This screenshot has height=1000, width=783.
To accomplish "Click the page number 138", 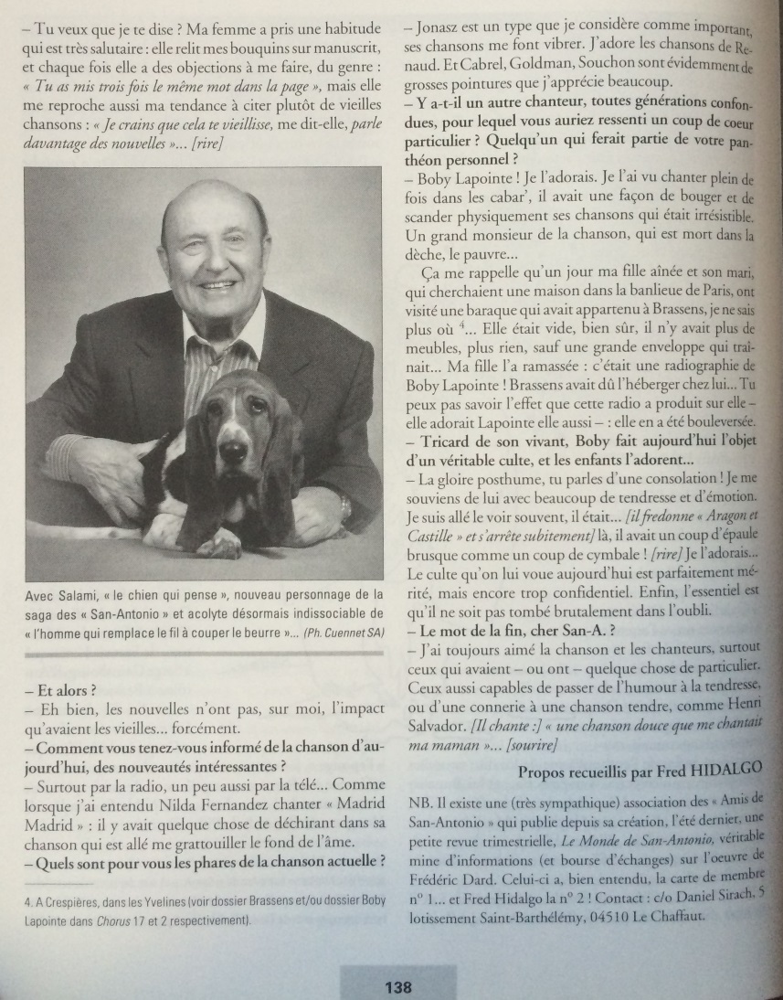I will [398, 986].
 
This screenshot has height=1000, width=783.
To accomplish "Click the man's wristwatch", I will [345, 504].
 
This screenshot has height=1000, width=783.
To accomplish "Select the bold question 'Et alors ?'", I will [60, 689].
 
